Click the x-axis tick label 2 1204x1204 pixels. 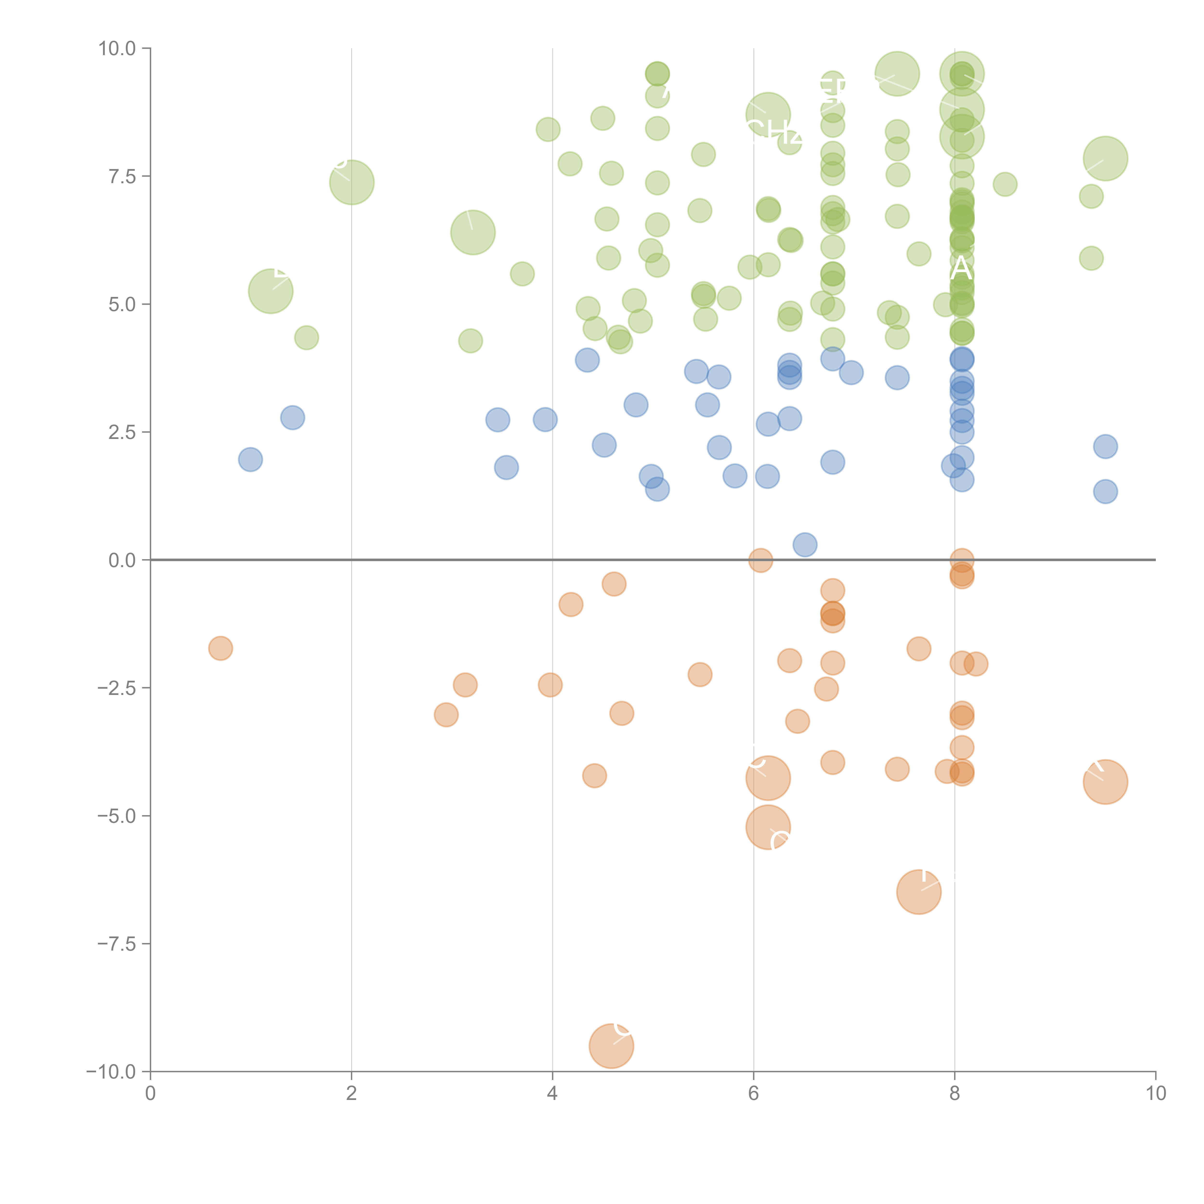352,1094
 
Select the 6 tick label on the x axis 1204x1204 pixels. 753,1094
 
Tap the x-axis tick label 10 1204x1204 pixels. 1155,1094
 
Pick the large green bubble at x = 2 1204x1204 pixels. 352,182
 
